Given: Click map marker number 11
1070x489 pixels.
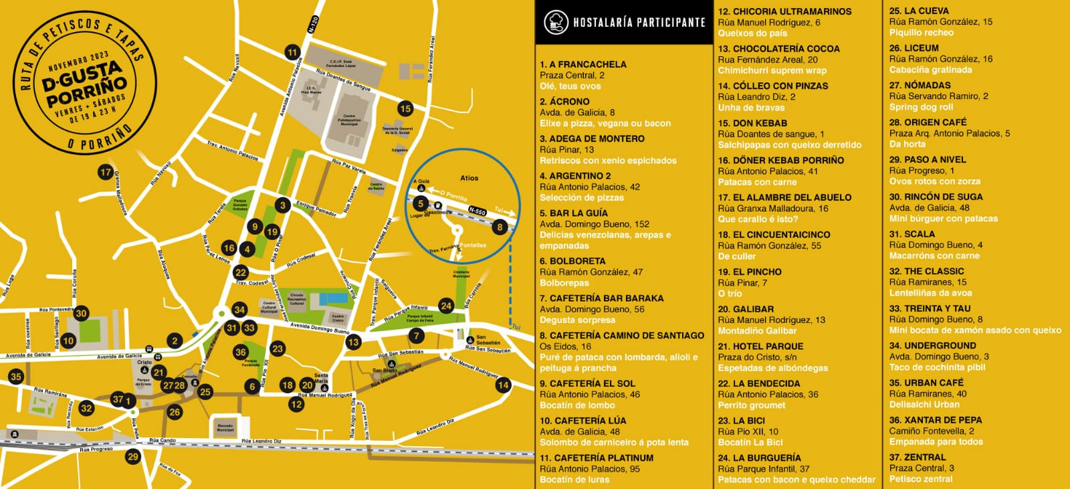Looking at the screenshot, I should click(292, 52).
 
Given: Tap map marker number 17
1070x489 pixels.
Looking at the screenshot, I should click(105, 172).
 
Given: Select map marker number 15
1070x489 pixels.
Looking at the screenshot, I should click(405, 108).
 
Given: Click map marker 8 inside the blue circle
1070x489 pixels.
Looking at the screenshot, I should click(500, 227).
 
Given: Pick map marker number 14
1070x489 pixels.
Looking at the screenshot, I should click(503, 385).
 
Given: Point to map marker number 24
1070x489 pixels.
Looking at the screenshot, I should click(446, 306).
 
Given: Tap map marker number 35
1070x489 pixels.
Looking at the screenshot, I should click(16, 377).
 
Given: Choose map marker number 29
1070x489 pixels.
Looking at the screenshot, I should click(133, 457).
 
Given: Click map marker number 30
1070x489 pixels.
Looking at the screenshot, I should click(81, 313).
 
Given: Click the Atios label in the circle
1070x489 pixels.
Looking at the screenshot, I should click(469, 178).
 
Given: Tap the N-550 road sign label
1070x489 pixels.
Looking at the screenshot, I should click(477, 211).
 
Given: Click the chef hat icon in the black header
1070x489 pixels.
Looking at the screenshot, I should click(556, 22).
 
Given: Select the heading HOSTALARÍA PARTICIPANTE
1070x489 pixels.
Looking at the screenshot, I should click(639, 23).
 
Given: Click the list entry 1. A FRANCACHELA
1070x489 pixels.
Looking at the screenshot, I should click(583, 64).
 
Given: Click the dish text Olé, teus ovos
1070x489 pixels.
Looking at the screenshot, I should click(570, 86).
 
